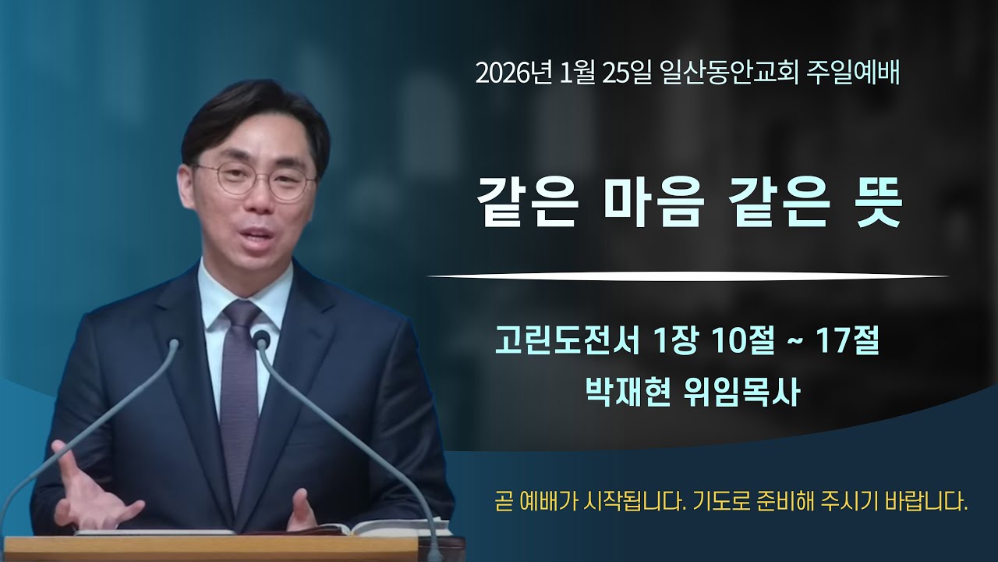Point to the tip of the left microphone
click(x=173, y=343)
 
